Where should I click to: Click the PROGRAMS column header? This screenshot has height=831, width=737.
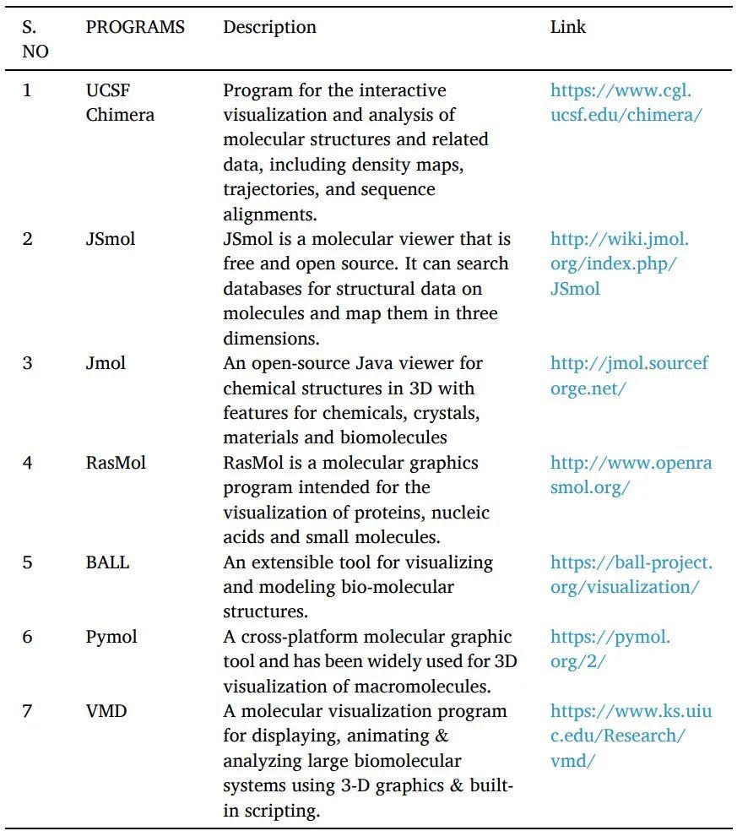[135, 27]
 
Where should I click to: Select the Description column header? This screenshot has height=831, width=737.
[269, 27]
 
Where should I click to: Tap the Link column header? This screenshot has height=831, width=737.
[567, 27]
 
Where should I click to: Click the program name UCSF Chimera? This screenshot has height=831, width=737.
[120, 102]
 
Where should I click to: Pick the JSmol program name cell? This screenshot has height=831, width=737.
[110, 239]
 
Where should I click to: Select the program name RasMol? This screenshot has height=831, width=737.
[116, 463]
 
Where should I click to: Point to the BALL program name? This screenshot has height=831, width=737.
[107, 562]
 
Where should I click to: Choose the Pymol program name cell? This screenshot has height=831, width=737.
[111, 637]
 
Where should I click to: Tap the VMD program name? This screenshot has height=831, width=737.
[106, 711]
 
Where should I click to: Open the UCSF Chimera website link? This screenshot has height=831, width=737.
[626, 102]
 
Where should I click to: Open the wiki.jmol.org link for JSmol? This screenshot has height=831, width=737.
[619, 263]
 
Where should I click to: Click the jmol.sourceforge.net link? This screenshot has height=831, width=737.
[629, 376]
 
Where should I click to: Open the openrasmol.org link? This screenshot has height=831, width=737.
[631, 475]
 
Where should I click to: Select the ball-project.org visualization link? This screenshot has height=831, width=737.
[631, 574]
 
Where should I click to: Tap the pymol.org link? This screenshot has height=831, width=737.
[610, 649]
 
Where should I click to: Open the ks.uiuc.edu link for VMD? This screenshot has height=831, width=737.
[631, 736]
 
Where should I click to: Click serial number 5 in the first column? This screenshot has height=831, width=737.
[28, 562]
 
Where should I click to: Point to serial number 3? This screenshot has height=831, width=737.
[28, 363]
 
